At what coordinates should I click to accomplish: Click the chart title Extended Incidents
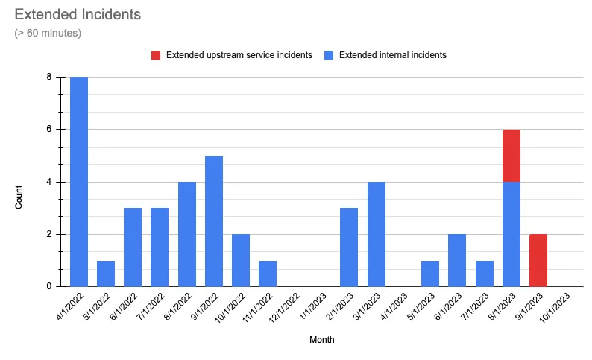pyautogui.click(x=78, y=14)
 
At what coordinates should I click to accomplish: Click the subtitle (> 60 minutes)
pyautogui.click(x=48, y=34)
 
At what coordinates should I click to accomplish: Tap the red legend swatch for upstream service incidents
pyautogui.click(x=156, y=55)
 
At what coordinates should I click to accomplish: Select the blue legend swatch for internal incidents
pyautogui.click(x=329, y=55)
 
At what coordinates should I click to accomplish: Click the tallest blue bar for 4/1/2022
pyautogui.click(x=79, y=182)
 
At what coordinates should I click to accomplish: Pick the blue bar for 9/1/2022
pyautogui.click(x=214, y=221)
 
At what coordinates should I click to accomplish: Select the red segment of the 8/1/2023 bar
pyautogui.click(x=511, y=156)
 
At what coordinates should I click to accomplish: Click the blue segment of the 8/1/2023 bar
pyautogui.click(x=511, y=234)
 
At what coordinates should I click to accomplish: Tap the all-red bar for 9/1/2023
pyautogui.click(x=538, y=260)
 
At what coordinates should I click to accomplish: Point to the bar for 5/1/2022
pyautogui.click(x=106, y=274)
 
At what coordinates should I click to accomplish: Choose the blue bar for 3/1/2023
pyautogui.click(x=376, y=234)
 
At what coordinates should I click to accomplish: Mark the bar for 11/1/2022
pyautogui.click(x=268, y=274)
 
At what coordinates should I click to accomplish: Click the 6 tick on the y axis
pyautogui.click(x=48, y=130)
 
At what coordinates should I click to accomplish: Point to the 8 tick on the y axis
pyautogui.click(x=48, y=77)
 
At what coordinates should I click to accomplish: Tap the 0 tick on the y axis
pyautogui.click(x=48, y=287)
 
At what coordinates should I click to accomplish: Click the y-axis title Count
pyautogui.click(x=20, y=182)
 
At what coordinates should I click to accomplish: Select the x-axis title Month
pyautogui.click(x=322, y=340)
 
